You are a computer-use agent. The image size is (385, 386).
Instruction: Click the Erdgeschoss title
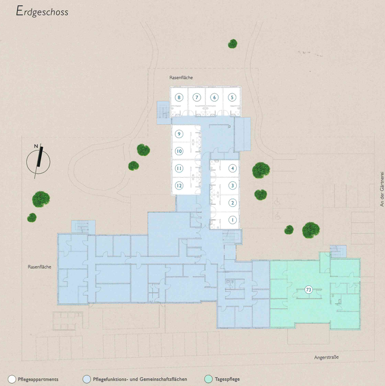(42, 11)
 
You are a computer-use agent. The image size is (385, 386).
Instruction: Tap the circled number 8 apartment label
(179, 98)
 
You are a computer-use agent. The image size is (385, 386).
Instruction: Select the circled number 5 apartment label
(232, 98)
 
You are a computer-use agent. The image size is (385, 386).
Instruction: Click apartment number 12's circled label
(179, 186)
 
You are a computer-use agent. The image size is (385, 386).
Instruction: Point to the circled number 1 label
(232, 220)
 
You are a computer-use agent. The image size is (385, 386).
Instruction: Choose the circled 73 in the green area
(308, 290)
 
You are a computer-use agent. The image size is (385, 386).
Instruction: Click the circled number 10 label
(179, 151)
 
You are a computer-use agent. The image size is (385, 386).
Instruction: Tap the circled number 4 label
(232, 168)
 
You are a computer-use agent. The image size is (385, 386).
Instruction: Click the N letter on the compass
(36, 146)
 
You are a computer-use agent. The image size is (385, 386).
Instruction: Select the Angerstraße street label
(326, 357)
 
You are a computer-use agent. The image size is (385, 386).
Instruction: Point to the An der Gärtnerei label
(382, 189)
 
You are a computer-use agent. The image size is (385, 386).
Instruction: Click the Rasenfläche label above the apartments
(181, 77)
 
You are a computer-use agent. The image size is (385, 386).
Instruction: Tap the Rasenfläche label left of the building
(39, 267)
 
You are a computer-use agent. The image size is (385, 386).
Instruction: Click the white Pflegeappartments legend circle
(12, 379)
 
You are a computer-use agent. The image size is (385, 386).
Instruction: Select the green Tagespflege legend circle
(208, 379)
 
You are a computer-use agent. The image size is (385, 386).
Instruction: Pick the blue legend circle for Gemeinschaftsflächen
(87, 379)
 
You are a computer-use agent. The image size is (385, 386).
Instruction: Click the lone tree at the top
(233, 44)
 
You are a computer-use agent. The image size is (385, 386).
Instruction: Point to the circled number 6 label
(214, 98)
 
